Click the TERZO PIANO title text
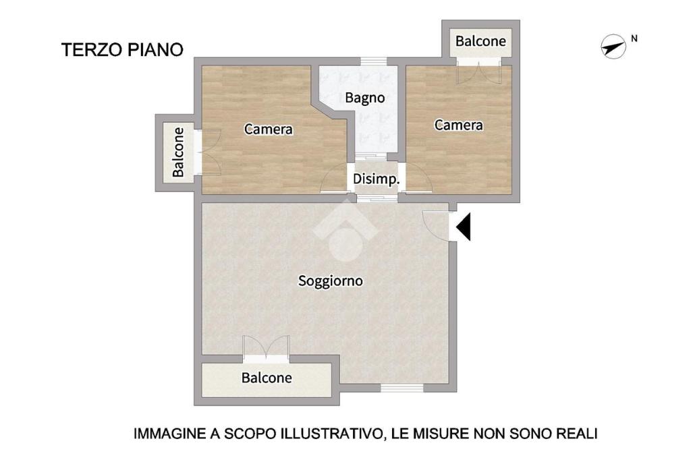pyautogui.click(x=122, y=50)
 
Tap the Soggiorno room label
pyautogui.click(x=331, y=281)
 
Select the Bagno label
pyautogui.click(x=365, y=98)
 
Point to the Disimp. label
pyautogui.click(x=377, y=179)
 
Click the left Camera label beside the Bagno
pyautogui.click(x=269, y=129)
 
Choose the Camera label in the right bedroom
pyautogui.click(x=459, y=125)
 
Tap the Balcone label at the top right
pyautogui.click(x=480, y=41)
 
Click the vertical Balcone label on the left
pyautogui.click(x=178, y=152)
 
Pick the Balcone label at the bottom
pyautogui.click(x=267, y=378)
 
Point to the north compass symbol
pyautogui.click(x=613, y=47)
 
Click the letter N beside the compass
pyautogui.click(x=634, y=38)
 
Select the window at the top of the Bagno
pyautogui.click(x=374, y=61)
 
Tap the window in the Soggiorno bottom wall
pyautogui.click(x=402, y=388)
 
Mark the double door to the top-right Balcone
pyautogui.click(x=478, y=71)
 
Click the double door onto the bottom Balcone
pyautogui.click(x=266, y=349)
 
